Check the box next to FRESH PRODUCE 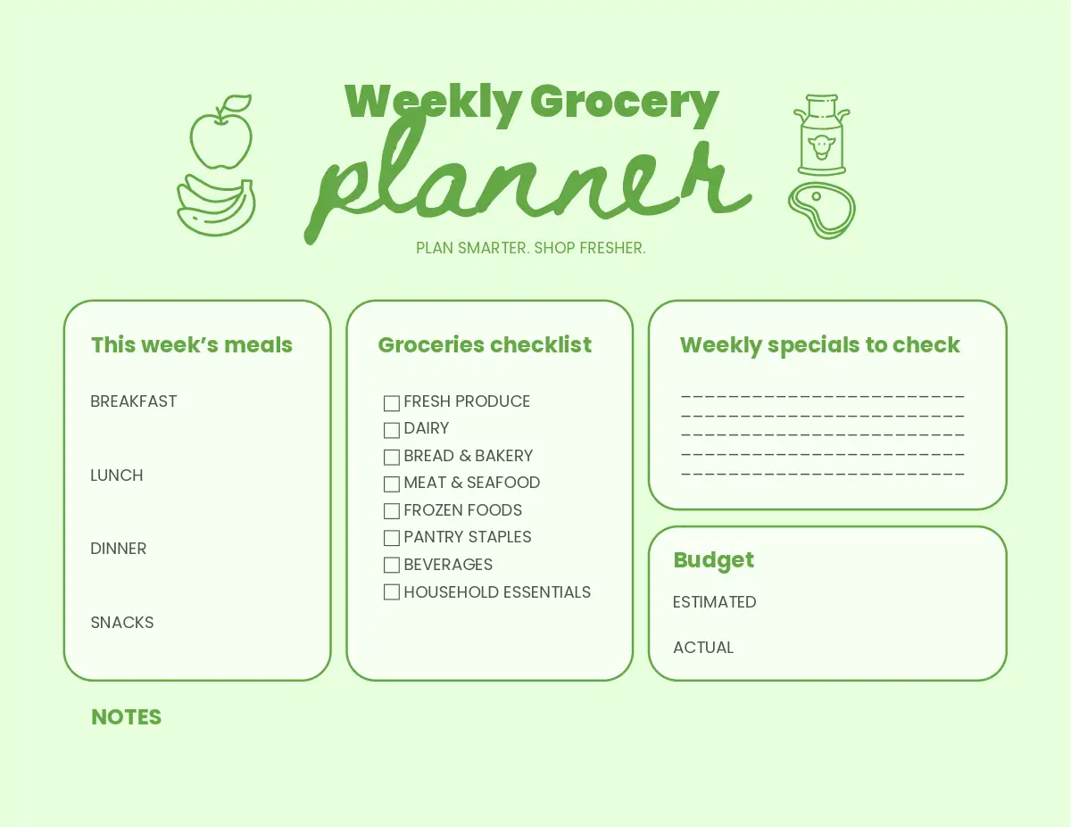391,403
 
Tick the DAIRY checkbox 391,431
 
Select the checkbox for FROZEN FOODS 391,511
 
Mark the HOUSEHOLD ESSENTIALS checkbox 391,592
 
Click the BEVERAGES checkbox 391,565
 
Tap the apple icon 221,132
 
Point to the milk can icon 822,135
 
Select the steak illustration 822,211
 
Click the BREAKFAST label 134,401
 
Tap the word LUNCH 117,476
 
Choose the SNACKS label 122,623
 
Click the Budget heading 714,561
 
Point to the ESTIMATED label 715,602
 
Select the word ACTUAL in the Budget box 703,647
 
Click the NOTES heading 126,717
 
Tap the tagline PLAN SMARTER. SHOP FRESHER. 531,248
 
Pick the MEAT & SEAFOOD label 471,483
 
